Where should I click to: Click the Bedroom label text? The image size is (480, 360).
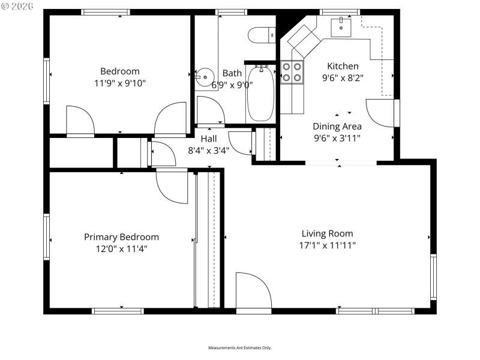(x=119, y=71)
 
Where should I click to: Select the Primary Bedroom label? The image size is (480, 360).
(x=121, y=237)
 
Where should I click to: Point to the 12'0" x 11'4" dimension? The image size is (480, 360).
(x=121, y=248)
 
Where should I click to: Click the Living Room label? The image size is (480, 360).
(x=327, y=233)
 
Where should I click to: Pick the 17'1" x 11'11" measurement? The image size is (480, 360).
(x=327, y=245)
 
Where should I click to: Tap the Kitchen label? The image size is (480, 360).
(x=343, y=66)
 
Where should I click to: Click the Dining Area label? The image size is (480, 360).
(x=337, y=126)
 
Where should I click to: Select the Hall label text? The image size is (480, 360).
(x=208, y=139)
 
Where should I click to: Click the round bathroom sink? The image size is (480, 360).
(x=205, y=76)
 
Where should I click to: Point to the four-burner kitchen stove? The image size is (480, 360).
(x=292, y=72)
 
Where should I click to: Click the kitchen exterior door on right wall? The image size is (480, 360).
(x=380, y=112)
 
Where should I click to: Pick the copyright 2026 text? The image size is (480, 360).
(x=19, y=7)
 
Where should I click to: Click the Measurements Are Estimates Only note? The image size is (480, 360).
(x=239, y=348)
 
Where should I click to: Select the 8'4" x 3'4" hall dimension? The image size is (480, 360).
(x=208, y=150)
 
